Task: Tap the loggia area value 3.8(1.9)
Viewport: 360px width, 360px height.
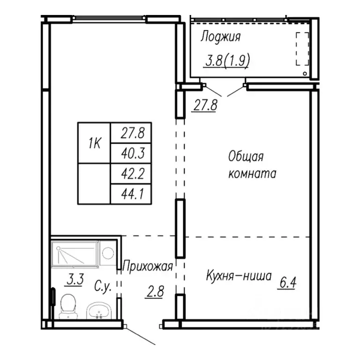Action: point(225,60)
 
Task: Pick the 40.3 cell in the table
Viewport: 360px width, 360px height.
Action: point(131,152)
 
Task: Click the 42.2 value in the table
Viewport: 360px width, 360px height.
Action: point(131,173)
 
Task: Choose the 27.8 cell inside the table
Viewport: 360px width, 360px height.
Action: point(131,133)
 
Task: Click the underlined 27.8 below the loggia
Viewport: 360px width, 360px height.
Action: point(205,105)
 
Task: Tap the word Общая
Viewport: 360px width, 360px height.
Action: point(246,156)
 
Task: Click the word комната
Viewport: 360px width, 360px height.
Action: point(252,173)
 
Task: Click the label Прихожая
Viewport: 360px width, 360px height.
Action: point(148,267)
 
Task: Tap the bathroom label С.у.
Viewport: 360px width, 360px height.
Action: point(103,286)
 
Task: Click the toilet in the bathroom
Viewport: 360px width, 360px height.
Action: point(69,306)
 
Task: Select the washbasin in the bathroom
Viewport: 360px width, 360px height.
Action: point(98,310)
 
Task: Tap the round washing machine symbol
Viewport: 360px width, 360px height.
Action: point(108,254)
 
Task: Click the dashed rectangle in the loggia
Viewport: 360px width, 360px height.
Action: point(303,49)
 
